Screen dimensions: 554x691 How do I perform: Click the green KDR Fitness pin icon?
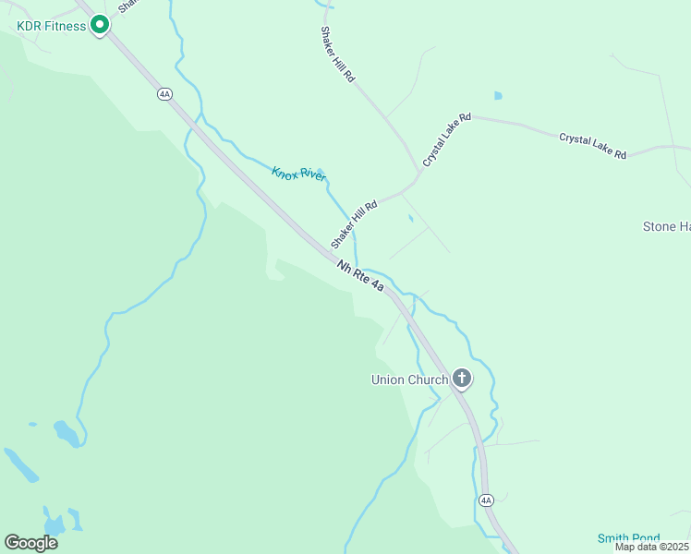(100, 24)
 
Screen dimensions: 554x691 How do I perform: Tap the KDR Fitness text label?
(52, 26)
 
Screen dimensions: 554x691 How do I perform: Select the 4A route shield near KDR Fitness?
(164, 93)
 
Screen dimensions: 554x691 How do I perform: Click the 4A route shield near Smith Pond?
(487, 500)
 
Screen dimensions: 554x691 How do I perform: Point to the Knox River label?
(298, 174)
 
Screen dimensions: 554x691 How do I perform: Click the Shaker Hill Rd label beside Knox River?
(356, 224)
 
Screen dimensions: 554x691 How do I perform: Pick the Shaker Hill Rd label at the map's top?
(337, 54)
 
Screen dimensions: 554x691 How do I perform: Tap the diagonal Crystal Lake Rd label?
(447, 140)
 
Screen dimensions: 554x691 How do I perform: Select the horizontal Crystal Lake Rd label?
(593, 146)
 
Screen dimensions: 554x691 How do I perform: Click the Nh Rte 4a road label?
(359, 276)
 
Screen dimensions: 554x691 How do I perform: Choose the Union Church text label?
(409, 379)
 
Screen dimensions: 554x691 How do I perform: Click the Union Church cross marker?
(461, 378)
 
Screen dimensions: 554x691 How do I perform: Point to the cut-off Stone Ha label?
(666, 226)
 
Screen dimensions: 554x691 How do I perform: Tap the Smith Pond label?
(627, 538)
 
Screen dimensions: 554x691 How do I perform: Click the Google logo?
(30, 543)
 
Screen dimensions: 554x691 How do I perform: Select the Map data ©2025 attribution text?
(652, 547)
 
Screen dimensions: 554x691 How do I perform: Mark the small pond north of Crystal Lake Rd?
(499, 95)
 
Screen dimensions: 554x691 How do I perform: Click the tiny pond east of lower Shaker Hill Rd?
(411, 219)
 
